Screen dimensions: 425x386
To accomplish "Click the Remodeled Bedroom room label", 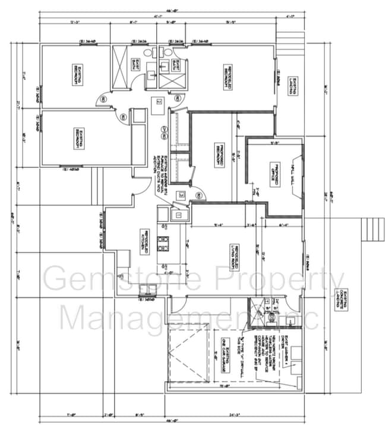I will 226,77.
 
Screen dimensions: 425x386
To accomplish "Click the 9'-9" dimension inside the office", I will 275,143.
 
